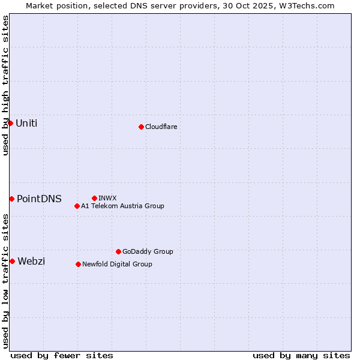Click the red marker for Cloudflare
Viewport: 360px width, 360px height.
(141, 127)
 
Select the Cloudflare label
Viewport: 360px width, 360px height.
(161, 127)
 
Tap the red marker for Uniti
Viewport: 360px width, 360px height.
(10, 123)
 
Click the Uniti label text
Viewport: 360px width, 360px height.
(26, 124)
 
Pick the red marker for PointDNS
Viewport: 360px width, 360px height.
(11, 199)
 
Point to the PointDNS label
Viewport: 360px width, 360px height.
(39, 199)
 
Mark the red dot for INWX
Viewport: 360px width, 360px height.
(94, 198)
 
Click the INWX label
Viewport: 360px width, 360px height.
(107, 198)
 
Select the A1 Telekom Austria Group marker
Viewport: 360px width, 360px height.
(77, 206)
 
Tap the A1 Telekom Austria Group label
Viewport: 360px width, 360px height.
(122, 206)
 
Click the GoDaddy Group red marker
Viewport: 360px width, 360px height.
(118, 251)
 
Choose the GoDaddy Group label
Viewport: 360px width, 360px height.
(148, 251)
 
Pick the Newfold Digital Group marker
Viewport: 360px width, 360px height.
(78, 264)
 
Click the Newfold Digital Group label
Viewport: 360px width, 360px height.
(117, 264)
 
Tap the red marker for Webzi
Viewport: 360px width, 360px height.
(12, 261)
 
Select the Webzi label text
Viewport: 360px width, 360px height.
(31, 261)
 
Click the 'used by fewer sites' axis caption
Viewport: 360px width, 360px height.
(62, 355)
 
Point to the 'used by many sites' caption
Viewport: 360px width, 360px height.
(301, 355)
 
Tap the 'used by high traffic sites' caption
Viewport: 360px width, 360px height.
(5, 85)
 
